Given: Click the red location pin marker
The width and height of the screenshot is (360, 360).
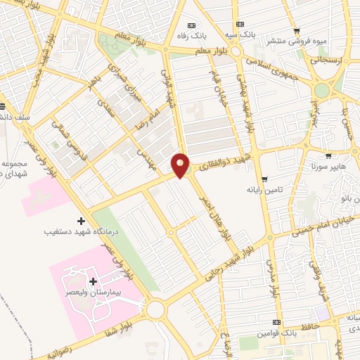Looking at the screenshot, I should click(x=181, y=165).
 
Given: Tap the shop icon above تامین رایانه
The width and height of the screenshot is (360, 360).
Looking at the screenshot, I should click(x=264, y=179).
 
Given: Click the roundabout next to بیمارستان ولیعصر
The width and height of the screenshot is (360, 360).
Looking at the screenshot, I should click(x=156, y=309).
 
